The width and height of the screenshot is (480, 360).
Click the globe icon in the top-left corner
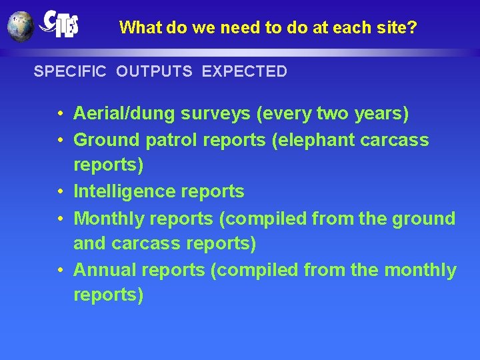(x=20, y=27)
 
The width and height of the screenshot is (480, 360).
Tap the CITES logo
(x=59, y=24)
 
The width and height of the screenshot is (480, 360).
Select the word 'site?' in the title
(x=399, y=28)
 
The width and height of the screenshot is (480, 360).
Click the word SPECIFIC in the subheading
(x=70, y=71)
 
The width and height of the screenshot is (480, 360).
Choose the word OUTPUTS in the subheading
(x=153, y=71)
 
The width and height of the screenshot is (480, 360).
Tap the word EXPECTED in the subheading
(x=244, y=71)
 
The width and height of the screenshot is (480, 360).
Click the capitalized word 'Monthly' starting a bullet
(x=109, y=219)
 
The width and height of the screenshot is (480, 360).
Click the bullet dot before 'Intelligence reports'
(x=60, y=192)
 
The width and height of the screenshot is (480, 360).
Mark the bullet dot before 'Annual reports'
(x=60, y=271)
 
